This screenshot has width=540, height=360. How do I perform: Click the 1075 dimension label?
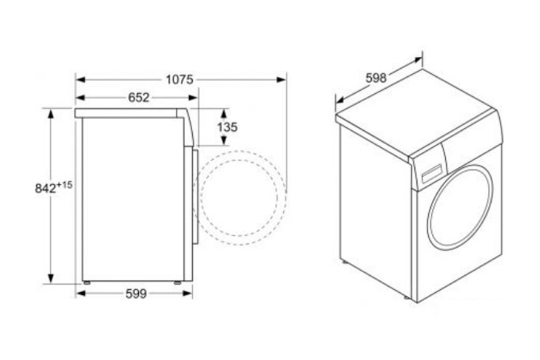coord(180,80)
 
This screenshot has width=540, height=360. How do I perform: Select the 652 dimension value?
coord(139,98)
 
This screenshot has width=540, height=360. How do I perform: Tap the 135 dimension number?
coord(228,127)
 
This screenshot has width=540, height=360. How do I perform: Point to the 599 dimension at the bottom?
coord(136,294)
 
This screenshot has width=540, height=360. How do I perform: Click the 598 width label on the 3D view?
coord(376,78)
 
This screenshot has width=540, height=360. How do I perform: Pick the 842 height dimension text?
coord(46,189)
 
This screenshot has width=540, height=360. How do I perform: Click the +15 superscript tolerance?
coord(64,185)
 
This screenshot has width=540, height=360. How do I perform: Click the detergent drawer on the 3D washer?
coord(432,173)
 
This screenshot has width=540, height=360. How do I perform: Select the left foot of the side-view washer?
coord(86,283)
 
